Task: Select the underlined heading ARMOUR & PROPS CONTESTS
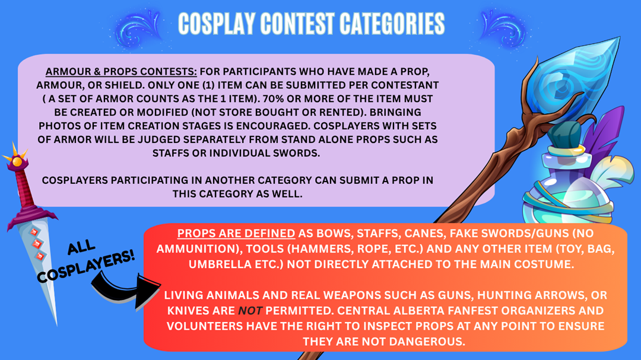click(x=121, y=72)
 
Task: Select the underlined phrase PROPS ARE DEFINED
click(x=236, y=233)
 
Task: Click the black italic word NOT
click(x=250, y=311)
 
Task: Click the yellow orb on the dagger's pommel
click(x=17, y=162)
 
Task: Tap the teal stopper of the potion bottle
click(x=565, y=135)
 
